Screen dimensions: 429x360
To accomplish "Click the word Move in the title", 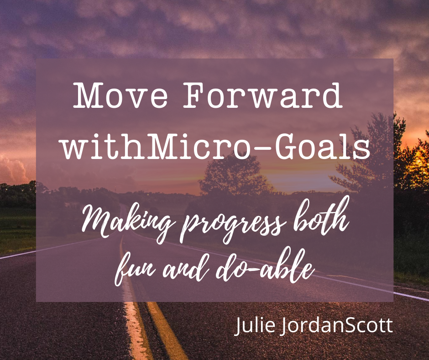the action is [120, 95].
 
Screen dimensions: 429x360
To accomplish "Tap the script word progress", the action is [235, 227].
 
